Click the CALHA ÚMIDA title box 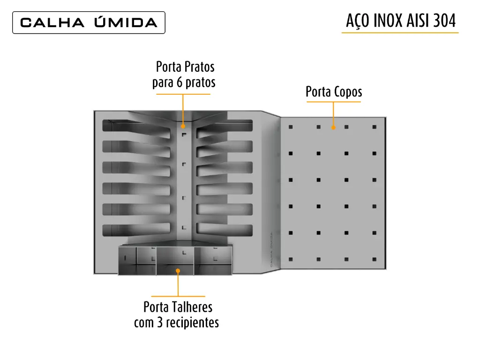[x=89, y=22]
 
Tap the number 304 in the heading [x=444, y=21]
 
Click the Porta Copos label [x=334, y=91]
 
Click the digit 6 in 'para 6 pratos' [x=179, y=82]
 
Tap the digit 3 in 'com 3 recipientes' [x=160, y=322]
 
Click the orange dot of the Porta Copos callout [x=333, y=127]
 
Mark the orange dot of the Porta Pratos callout [x=183, y=126]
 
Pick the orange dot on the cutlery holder [x=178, y=271]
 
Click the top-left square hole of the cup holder [x=291, y=127]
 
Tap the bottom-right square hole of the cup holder [x=375, y=259]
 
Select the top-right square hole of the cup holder [x=375, y=127]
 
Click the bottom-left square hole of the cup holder [x=291, y=259]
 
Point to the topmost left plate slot [x=136, y=127]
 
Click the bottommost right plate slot [x=225, y=230]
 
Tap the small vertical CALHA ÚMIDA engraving [x=271, y=249]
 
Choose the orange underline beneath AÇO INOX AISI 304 [x=400, y=32]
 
